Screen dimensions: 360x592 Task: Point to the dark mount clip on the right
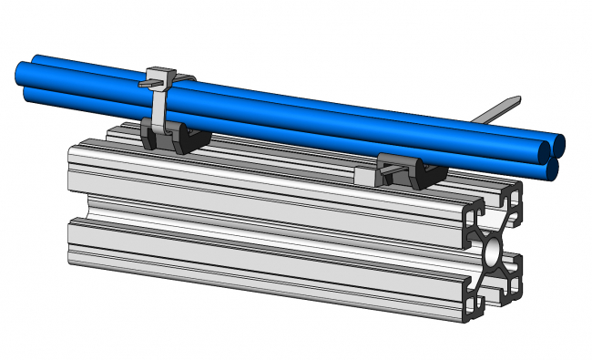422,173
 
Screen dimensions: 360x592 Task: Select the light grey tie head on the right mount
366,173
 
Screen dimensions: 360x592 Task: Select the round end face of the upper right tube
556,145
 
